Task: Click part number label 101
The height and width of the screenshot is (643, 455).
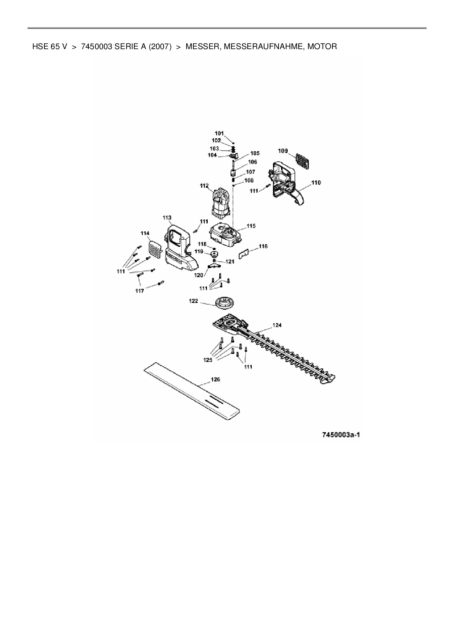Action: click(x=219, y=133)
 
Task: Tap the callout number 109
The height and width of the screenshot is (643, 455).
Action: click(x=283, y=151)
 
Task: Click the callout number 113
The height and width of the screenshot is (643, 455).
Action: click(x=167, y=218)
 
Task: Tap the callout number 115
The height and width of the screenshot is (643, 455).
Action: click(x=251, y=226)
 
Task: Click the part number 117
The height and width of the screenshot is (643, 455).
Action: click(x=139, y=291)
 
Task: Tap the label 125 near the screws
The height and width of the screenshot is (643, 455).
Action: click(x=208, y=360)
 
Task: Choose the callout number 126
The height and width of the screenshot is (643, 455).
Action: click(x=215, y=379)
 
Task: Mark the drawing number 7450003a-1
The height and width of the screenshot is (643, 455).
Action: click(x=341, y=435)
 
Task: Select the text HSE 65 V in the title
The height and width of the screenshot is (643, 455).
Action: click(x=50, y=47)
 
